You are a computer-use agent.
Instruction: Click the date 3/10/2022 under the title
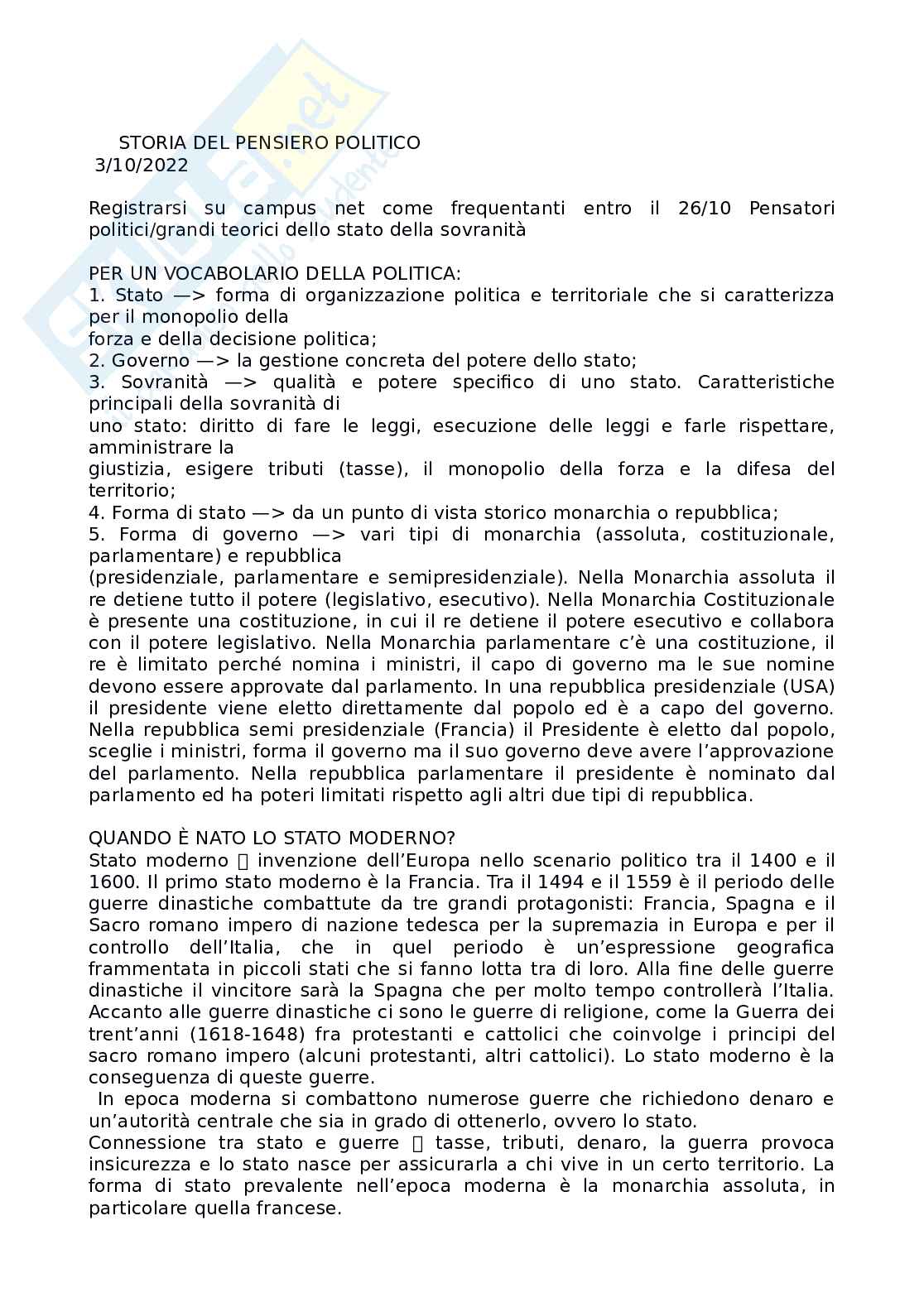(x=142, y=165)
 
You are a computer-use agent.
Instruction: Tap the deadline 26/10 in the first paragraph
(x=705, y=208)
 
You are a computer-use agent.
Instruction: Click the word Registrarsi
(x=137, y=208)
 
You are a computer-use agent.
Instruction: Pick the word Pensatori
(x=792, y=208)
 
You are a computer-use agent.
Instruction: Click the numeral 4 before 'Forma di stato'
(x=94, y=512)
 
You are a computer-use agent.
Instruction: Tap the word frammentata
(x=140, y=968)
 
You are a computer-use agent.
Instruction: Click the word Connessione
(x=147, y=1142)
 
